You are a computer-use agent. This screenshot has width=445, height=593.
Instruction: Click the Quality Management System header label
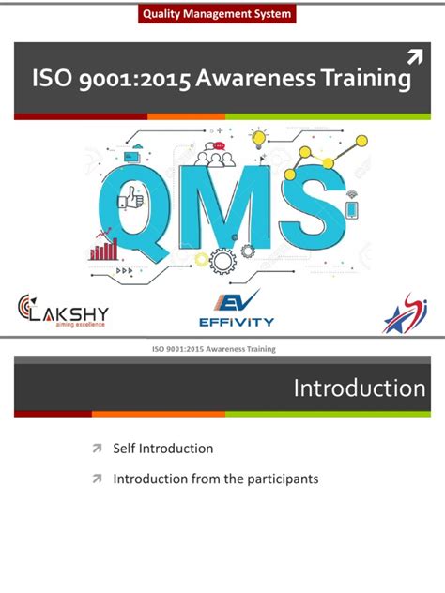pyautogui.click(x=216, y=14)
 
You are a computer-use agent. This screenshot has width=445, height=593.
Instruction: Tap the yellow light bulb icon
pyautogui.click(x=258, y=142)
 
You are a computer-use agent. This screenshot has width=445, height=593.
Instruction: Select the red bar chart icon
pyautogui.click(x=103, y=248)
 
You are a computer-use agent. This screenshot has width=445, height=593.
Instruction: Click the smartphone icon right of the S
pyautogui.click(x=352, y=208)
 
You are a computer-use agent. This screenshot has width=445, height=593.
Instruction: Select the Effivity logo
pyautogui.click(x=236, y=311)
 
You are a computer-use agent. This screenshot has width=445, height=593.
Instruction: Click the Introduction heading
pyautogui.click(x=359, y=388)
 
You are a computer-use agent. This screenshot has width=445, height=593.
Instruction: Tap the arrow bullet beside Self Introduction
pyautogui.click(x=96, y=449)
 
